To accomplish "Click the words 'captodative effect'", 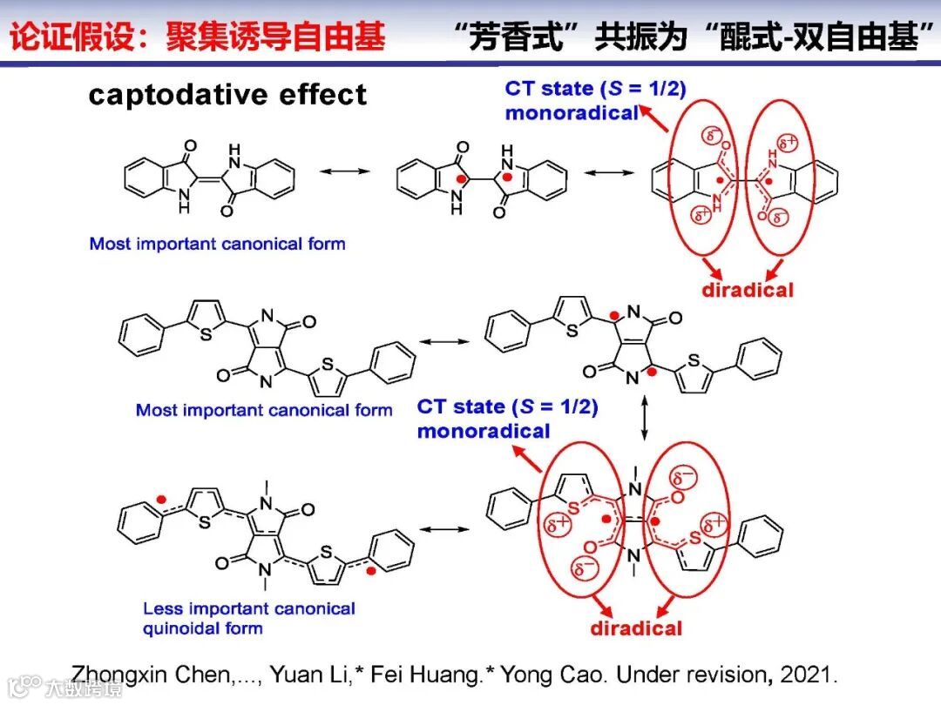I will tap(227, 95).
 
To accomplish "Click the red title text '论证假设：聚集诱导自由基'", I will tap(198, 39).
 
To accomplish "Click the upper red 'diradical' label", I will tap(748, 290).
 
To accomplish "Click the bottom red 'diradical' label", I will tap(636, 628).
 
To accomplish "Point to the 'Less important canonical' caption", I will tap(249, 608).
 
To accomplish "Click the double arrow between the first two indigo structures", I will tap(345, 172).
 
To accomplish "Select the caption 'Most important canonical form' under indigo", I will tap(217, 244).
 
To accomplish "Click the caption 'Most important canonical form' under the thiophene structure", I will tap(264, 409).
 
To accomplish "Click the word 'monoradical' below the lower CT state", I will tap(484, 430).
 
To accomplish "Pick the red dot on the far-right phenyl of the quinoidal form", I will tap(372, 571).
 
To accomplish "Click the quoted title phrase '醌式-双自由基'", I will tap(823, 39).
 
